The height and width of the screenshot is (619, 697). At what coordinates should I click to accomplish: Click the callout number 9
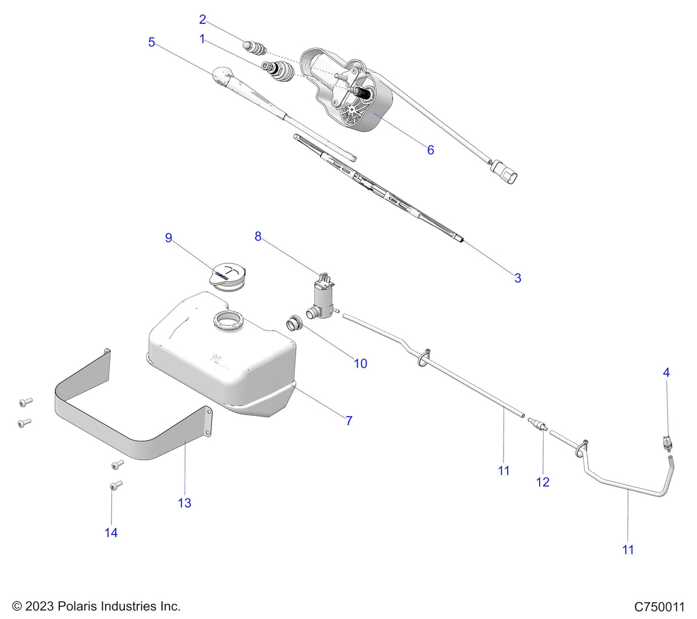pyautogui.click(x=168, y=238)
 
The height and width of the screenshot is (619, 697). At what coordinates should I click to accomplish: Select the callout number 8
pyautogui.click(x=258, y=236)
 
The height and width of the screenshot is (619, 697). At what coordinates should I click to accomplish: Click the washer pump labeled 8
pyautogui.click(x=321, y=295)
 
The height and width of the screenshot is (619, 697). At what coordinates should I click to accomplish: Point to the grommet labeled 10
pyautogui.click(x=294, y=322)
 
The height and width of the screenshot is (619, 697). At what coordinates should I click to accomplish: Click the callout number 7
pyautogui.click(x=349, y=421)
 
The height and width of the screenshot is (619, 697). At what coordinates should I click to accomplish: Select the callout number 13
pyautogui.click(x=184, y=503)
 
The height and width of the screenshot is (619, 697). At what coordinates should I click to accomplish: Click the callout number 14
pyautogui.click(x=111, y=533)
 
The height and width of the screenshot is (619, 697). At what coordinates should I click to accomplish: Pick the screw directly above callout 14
pyautogui.click(x=115, y=484)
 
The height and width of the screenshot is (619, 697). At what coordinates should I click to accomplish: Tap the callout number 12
pyautogui.click(x=542, y=482)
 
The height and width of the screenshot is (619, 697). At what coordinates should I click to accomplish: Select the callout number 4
pyautogui.click(x=666, y=372)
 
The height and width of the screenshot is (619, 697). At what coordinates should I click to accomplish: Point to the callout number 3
pyautogui.click(x=518, y=278)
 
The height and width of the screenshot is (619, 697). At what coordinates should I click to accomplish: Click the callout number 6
pyautogui.click(x=430, y=150)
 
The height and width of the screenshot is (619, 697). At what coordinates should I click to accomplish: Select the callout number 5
pyautogui.click(x=152, y=42)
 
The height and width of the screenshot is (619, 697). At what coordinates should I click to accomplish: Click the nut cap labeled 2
pyautogui.click(x=256, y=46)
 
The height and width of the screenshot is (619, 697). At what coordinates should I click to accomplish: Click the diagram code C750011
pyautogui.click(x=659, y=607)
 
